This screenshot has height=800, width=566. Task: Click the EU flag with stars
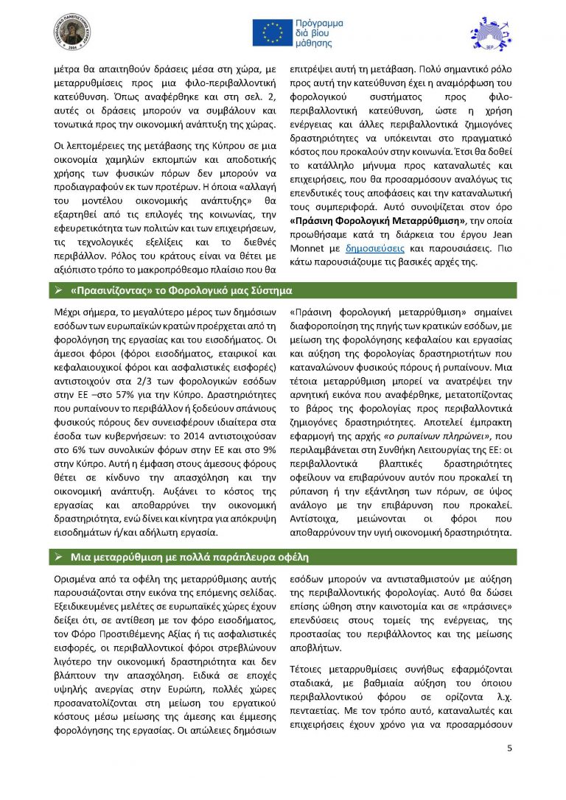tap(272, 33)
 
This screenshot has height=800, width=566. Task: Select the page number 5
tap(509, 748)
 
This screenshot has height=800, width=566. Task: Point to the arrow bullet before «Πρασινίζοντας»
tap(58, 290)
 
